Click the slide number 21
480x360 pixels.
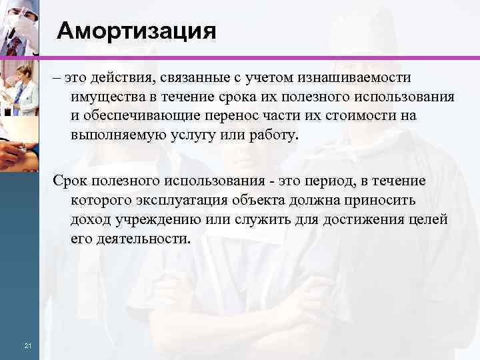(27, 345)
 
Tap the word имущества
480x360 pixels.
(106, 97)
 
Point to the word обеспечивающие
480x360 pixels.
(137, 116)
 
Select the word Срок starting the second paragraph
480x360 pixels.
(72, 181)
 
